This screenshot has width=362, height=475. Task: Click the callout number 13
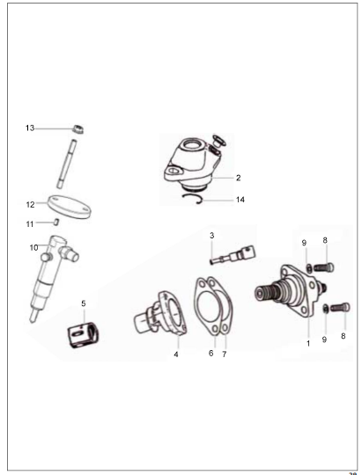[x=30, y=128]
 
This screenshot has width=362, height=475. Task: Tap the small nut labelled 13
[x=78, y=129]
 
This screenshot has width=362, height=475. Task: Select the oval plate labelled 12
[x=70, y=206]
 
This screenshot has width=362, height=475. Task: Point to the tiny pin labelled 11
[x=56, y=222]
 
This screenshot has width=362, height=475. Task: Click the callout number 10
[x=34, y=248]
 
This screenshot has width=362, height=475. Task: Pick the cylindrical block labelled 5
[x=84, y=335]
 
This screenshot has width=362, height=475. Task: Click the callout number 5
[x=84, y=303]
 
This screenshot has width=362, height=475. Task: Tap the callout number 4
[x=176, y=354]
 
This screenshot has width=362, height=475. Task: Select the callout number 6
[x=211, y=354]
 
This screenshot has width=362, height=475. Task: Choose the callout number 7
[x=225, y=354]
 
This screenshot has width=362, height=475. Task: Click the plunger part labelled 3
[x=233, y=255]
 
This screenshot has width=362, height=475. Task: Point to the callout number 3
[x=211, y=236]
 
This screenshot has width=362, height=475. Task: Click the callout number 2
[x=238, y=178]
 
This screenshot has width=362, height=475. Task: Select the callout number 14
[x=240, y=200]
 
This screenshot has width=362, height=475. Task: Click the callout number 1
[x=308, y=344]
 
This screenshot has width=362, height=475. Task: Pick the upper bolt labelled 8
[x=323, y=267]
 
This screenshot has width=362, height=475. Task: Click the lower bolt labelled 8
[x=340, y=308]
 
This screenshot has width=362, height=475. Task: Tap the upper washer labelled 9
[x=309, y=268]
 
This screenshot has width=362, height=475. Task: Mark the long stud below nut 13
[x=66, y=164]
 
